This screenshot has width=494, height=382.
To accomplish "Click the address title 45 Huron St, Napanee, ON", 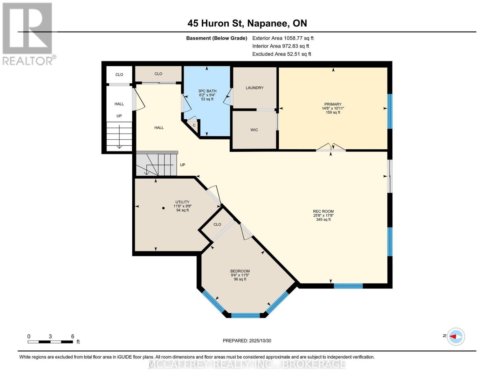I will point(247,23).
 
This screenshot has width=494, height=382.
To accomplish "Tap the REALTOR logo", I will point(28,33).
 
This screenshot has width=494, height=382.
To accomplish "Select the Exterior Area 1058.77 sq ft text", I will point(283,38).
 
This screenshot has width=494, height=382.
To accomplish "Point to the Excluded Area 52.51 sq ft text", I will point(282,54).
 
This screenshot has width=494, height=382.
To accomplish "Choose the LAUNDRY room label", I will point(254,88).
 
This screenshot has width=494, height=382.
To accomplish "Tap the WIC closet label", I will point(254,130).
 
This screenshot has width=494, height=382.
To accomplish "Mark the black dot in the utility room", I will point(164,208).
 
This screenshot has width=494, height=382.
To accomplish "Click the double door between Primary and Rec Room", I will point(331,148).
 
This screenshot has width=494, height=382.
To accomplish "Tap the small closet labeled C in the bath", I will point(194,125).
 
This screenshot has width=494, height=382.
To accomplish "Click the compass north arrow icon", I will point(456,336).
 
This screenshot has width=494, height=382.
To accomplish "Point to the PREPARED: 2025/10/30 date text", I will point(247,341).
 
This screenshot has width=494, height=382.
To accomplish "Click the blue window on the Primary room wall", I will point(390,111).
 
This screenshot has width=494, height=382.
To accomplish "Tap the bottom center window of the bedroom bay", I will point(245,315).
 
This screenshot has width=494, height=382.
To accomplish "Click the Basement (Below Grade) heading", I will point(217,38).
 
